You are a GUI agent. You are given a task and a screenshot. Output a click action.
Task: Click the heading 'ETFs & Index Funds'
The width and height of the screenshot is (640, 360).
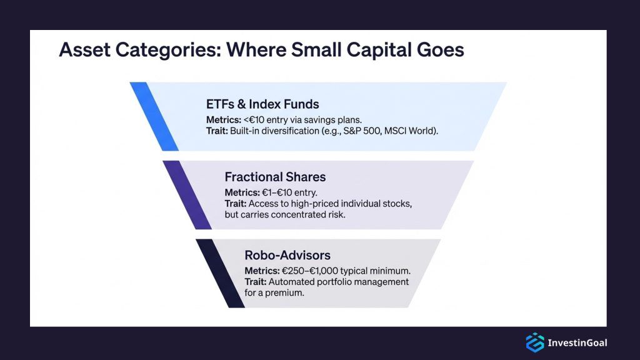[262, 104]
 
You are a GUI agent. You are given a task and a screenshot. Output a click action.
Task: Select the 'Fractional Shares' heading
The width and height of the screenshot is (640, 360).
[275, 177]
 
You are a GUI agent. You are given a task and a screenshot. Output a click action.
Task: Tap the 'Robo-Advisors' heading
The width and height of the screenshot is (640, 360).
[287, 255]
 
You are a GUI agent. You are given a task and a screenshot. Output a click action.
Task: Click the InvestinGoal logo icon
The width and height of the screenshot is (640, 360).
[534, 342]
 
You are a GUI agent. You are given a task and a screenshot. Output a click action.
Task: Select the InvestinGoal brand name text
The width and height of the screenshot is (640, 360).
[577, 342]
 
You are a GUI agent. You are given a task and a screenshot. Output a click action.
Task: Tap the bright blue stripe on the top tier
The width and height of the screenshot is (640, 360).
[154, 116]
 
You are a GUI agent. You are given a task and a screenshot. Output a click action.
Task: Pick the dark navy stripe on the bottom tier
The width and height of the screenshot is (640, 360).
[219, 273]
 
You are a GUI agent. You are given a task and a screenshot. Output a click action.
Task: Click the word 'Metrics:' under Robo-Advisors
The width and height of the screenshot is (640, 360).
[262, 271]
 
